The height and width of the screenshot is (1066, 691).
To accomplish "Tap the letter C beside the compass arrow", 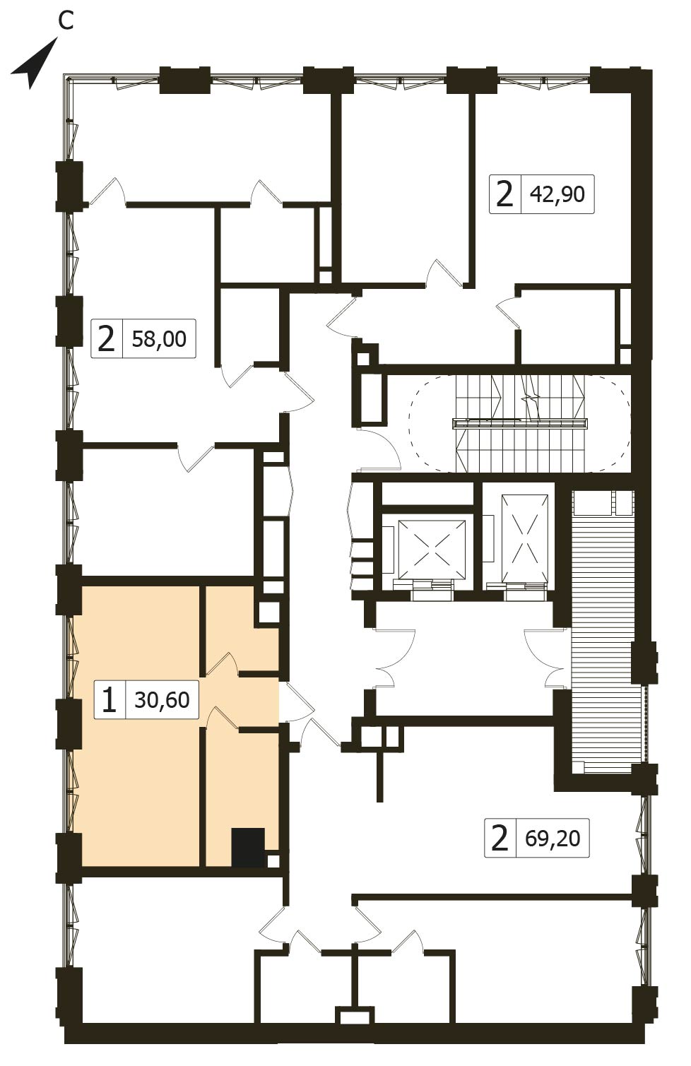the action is point(66,21).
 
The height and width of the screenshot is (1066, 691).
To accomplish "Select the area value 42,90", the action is point(557,194).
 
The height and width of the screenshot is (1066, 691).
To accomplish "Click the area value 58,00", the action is point(159,339).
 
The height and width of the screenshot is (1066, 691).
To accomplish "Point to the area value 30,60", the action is point(162,699).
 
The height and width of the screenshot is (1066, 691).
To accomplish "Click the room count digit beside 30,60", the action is point(109,700).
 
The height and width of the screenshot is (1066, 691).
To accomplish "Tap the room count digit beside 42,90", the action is point(505,194).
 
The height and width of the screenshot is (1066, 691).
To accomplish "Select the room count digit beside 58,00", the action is point(106,339).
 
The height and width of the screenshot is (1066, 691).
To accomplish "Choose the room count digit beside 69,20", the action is point(500,838).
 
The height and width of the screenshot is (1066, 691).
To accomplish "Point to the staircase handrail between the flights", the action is point(520,424).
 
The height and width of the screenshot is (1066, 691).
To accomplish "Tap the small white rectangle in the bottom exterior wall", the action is point(355,1016).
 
